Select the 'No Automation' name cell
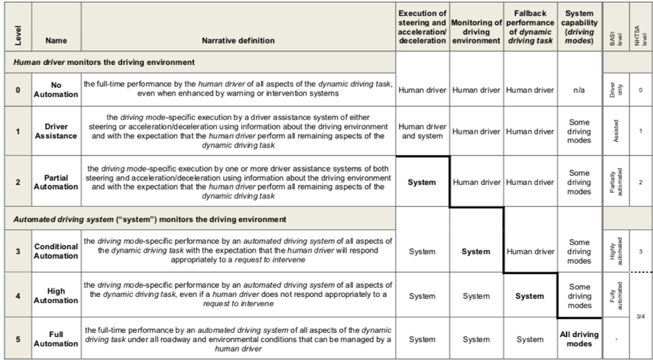tap(56, 89)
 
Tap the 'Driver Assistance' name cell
tap(56, 132)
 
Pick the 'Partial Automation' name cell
tap(56, 182)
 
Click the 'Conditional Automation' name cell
tap(56, 251)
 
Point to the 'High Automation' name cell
tap(56, 296)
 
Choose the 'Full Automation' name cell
tap(56, 339)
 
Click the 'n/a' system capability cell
tap(579, 89)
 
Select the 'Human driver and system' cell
tap(422, 132)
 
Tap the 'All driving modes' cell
tap(579, 339)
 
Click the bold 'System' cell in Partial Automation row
tap(422, 183)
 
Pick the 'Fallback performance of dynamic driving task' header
tap(530, 28)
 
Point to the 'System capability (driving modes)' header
tap(579, 28)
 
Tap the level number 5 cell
tap(18, 339)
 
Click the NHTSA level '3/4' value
tap(641, 316)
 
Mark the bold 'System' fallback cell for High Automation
tap(530, 296)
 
